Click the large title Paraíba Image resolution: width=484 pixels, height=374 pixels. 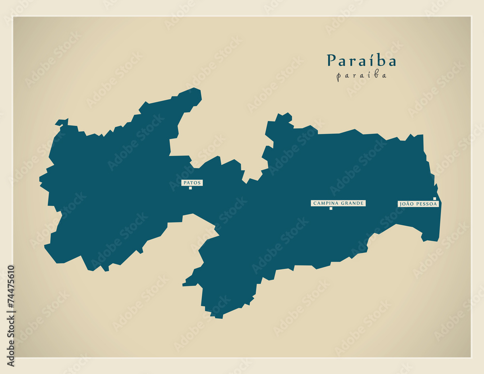[x=361, y=61]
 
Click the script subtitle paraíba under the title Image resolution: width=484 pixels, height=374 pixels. [x=361, y=76]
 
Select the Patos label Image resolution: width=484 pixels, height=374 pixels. [x=192, y=183]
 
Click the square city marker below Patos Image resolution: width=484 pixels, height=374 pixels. [x=190, y=188]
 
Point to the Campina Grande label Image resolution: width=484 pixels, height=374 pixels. [x=338, y=203]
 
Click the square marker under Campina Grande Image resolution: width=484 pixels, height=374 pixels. [x=331, y=208]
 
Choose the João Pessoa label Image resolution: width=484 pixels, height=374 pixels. [x=418, y=204]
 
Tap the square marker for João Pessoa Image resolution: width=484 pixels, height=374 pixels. [x=435, y=199]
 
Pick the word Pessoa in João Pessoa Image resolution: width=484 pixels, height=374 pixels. [x=427, y=204]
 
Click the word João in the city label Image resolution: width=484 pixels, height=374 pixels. [x=406, y=204]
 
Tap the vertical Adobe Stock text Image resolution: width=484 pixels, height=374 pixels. [x=11, y=339]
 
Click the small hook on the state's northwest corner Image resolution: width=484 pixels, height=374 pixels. [x=61, y=122]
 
